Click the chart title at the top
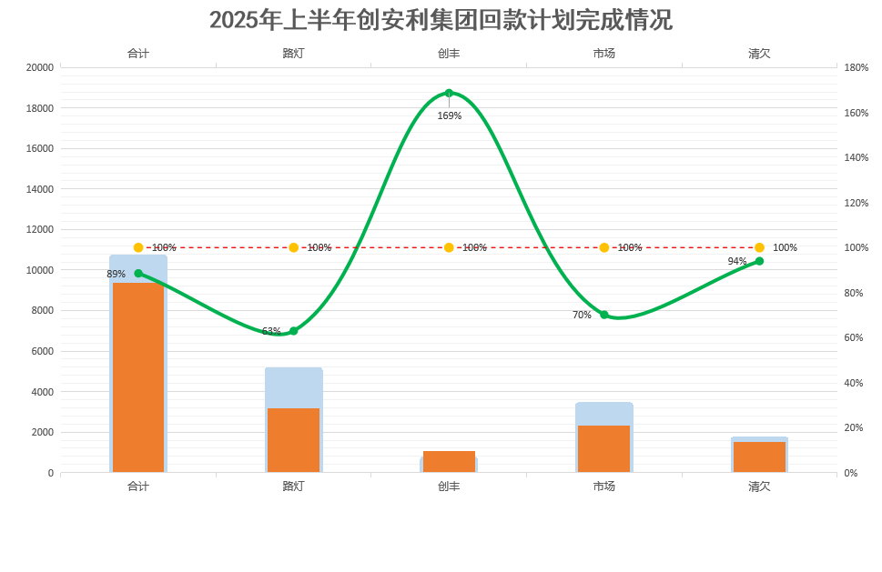pyautogui.click(x=441, y=20)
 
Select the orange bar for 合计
pyautogui.click(x=138, y=377)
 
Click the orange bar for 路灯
pyautogui.click(x=293, y=440)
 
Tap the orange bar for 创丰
pyautogui.click(x=449, y=461)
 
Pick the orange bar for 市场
pyautogui.click(x=604, y=448)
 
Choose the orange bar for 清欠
pyautogui.click(x=759, y=457)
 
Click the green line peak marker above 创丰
pyautogui.click(x=449, y=93)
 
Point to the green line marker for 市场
pyautogui.click(x=604, y=315)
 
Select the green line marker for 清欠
pyautogui.click(x=759, y=261)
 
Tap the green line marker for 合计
pyautogui.click(x=138, y=273)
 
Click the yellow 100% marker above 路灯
pyautogui.click(x=293, y=247)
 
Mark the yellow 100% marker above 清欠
pyautogui.click(x=759, y=247)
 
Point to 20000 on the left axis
pyautogui.click(x=39, y=67)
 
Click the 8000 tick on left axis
pyautogui.click(x=43, y=310)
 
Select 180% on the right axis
pyautogui.click(x=856, y=67)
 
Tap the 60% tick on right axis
pyautogui.click(x=853, y=337)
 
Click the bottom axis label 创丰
pyautogui.click(x=449, y=487)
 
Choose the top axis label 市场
pyautogui.click(x=604, y=53)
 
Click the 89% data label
pyautogui.click(x=117, y=274)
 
